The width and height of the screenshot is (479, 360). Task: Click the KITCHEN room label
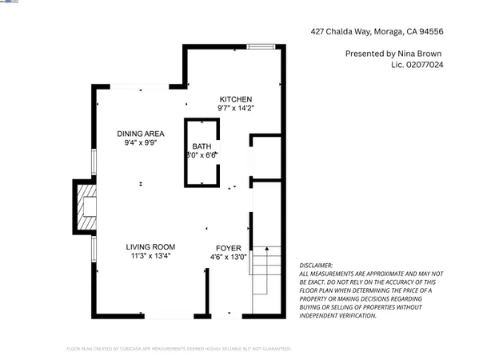[236, 98]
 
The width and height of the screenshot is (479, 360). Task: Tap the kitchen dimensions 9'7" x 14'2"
[236, 108]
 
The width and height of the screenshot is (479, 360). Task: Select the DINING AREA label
[140, 134]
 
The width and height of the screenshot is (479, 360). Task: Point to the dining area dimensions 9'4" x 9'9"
[140, 143]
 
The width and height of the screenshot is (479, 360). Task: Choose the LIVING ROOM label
[150, 246]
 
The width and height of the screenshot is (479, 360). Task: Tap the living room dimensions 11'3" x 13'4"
[150, 256]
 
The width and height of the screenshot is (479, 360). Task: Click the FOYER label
[227, 248]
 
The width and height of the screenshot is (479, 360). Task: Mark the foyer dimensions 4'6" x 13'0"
[227, 257]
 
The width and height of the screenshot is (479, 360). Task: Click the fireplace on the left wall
[85, 207]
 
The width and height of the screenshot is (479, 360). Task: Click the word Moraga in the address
[389, 32]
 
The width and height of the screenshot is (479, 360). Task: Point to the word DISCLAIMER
[316, 265]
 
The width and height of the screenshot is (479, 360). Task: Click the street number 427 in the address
[318, 32]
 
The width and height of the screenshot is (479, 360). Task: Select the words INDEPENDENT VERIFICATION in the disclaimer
[337, 315]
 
